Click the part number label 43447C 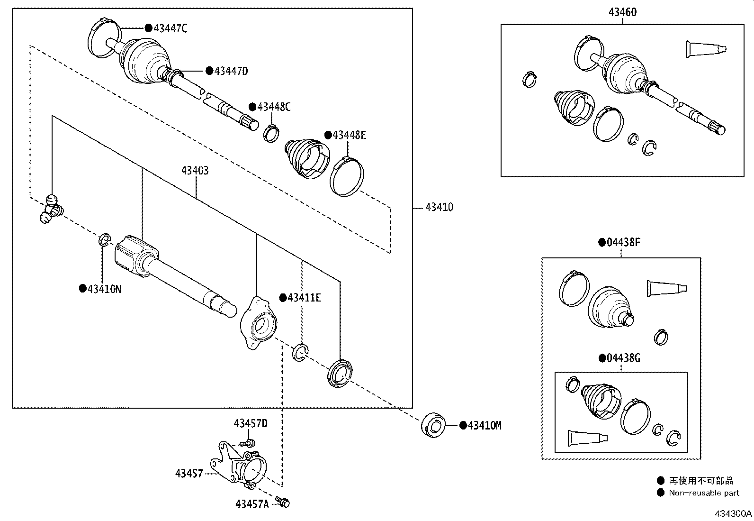[170, 28]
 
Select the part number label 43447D [231, 71]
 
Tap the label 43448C [273, 107]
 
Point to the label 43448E [349, 135]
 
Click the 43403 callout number [195, 171]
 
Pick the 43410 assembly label [439, 207]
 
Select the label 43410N [104, 289]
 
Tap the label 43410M [484, 426]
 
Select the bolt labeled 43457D [248, 443]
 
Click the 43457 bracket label [189, 474]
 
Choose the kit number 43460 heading [622, 12]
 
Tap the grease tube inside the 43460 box [705, 49]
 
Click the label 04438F [623, 243]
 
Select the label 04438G [623, 358]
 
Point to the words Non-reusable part [704, 493]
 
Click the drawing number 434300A [733, 513]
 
